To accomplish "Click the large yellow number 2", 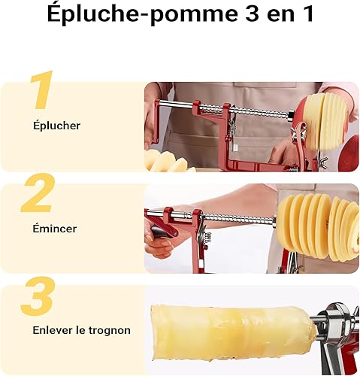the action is [x=38, y=193].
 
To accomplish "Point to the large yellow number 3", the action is [x=38, y=296].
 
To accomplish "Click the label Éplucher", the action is [x=56, y=126].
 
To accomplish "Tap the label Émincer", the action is [x=55, y=229].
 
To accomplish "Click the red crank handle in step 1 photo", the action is [x=153, y=120].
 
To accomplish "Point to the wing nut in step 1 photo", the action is [x=323, y=160].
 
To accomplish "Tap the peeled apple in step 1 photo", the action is [x=323, y=122].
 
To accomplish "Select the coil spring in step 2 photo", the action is [x=208, y=238].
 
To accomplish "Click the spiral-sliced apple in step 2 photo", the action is [x=318, y=227].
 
